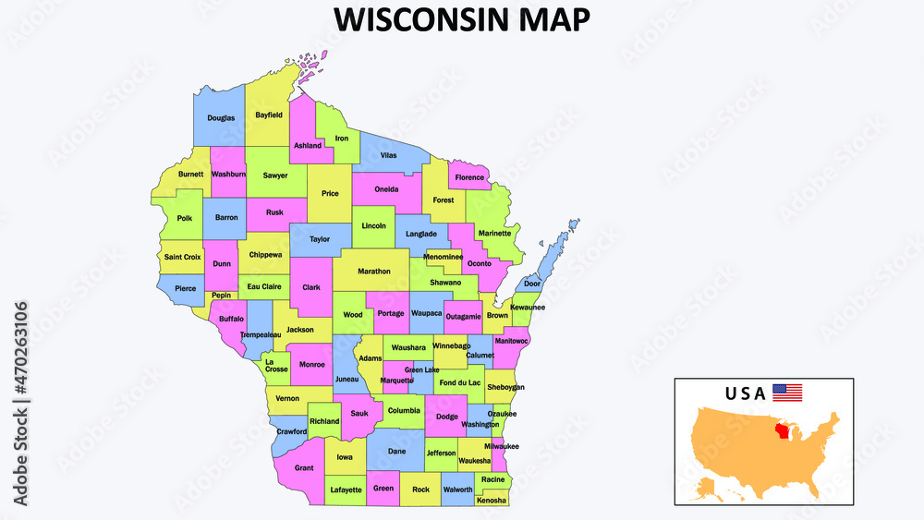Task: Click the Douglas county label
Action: coord(221,118)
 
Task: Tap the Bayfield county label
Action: coord(269,115)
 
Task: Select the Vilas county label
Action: coord(388,155)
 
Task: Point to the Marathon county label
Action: coord(374,272)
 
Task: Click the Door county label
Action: coord(532,284)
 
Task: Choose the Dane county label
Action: coord(396,452)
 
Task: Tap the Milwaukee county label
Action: coord(500,446)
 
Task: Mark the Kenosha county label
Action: coord(492,501)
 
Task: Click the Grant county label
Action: coord(304,468)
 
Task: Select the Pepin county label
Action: coord(221,296)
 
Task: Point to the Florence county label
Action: coord(469,177)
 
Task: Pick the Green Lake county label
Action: coord(421,370)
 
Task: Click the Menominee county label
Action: coord(443,256)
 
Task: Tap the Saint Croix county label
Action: coord(183,257)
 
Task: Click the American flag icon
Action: coord(787,393)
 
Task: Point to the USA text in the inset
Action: coord(746,393)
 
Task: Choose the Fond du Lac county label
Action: coord(459,382)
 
